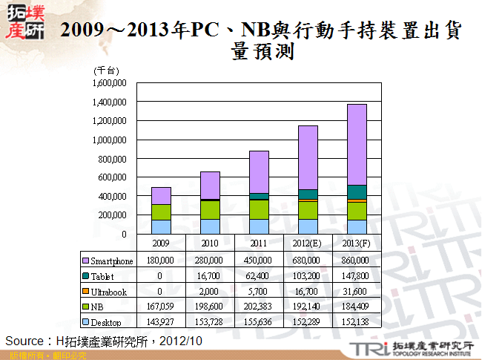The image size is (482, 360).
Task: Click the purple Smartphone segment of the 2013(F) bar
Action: (357, 145)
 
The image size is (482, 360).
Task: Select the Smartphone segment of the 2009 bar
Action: (161, 195)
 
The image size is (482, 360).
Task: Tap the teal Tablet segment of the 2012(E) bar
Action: (308, 194)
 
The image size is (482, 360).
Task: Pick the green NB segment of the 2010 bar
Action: (210, 210)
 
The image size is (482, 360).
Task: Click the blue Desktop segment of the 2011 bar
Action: (259, 226)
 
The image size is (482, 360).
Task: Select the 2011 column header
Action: (259, 243)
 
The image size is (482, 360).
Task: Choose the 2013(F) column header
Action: (357, 243)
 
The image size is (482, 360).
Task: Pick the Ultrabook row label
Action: (109, 292)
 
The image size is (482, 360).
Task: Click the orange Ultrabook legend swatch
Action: (85, 292)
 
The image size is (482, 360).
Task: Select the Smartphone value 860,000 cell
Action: (357, 261)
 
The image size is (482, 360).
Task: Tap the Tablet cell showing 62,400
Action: (259, 276)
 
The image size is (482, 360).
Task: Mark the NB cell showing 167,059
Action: (161, 307)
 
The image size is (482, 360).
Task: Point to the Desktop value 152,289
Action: (308, 321)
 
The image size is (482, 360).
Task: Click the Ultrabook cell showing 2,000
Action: (210, 292)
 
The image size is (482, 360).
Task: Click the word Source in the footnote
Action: (22, 340)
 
